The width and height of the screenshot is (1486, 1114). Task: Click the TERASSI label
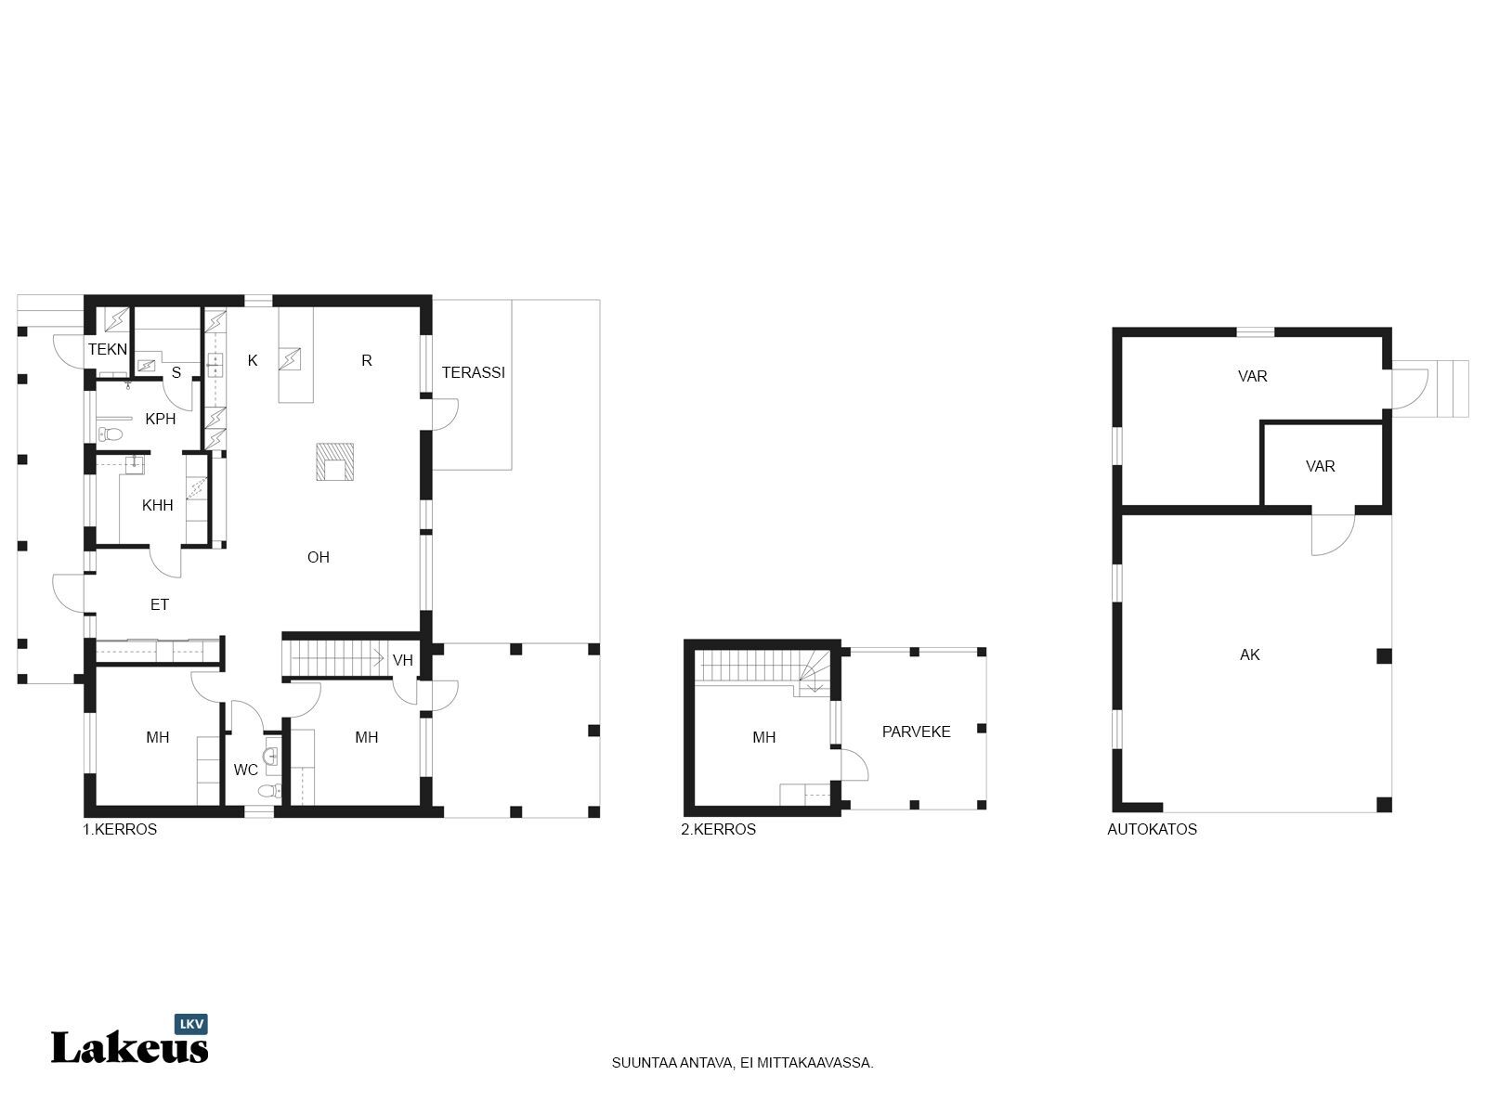point(474,372)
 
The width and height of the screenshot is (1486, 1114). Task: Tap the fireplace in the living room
point(334,461)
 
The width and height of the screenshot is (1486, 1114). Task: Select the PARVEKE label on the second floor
point(916,732)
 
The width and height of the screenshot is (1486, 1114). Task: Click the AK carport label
point(1250,654)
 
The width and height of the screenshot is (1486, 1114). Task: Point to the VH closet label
point(403,660)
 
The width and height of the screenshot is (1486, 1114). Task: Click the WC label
point(246,769)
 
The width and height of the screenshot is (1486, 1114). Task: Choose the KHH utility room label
point(158,505)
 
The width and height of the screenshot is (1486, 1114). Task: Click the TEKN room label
point(108,349)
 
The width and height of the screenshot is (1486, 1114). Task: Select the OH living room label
point(319,557)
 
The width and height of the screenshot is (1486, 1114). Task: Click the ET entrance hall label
point(160,604)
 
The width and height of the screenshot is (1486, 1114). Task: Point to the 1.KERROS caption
point(120,829)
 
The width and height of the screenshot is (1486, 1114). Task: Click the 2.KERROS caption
point(718,829)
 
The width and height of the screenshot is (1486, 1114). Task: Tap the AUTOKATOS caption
point(1153,829)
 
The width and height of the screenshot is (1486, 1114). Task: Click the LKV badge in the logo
point(191,1024)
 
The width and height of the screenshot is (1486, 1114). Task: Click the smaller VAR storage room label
point(1320,466)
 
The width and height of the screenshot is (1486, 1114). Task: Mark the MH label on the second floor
point(763,737)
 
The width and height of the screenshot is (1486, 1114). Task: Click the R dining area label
point(367,360)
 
